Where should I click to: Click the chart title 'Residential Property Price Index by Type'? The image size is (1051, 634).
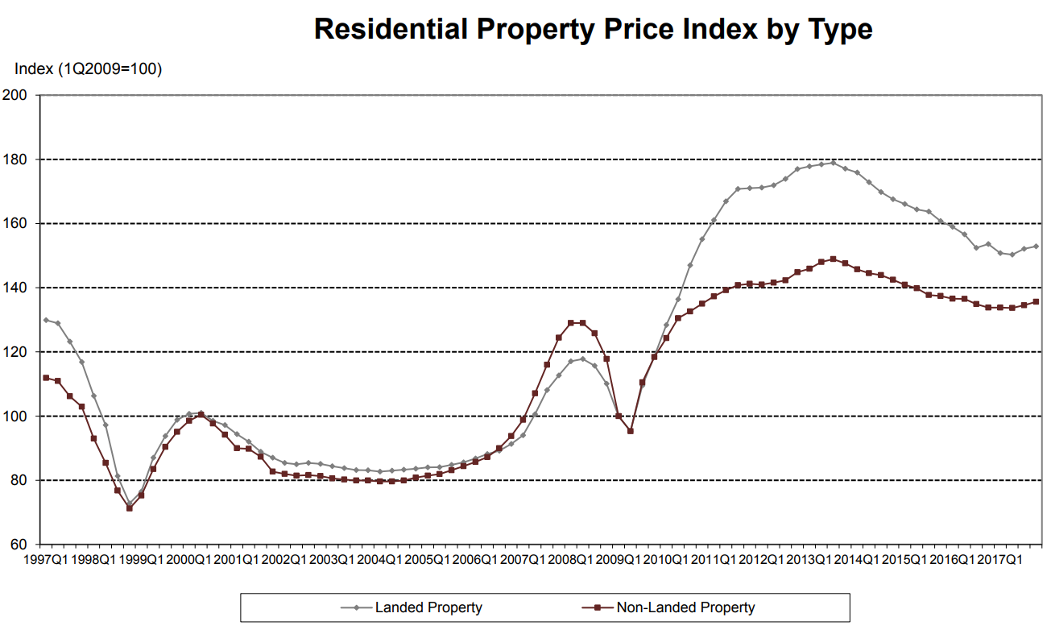click(x=593, y=29)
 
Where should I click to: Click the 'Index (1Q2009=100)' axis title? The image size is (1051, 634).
click(x=88, y=69)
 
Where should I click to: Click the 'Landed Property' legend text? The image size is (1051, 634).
click(x=428, y=607)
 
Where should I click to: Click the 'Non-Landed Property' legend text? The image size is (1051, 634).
click(x=685, y=607)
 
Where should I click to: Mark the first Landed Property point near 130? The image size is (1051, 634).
click(x=46, y=320)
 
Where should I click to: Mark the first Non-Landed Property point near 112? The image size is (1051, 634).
click(x=46, y=378)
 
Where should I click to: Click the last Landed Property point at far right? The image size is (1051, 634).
click(x=1036, y=247)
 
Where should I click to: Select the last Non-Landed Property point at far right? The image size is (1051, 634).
click(x=1036, y=302)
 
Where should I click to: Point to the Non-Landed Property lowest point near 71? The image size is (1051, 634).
click(x=129, y=508)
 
